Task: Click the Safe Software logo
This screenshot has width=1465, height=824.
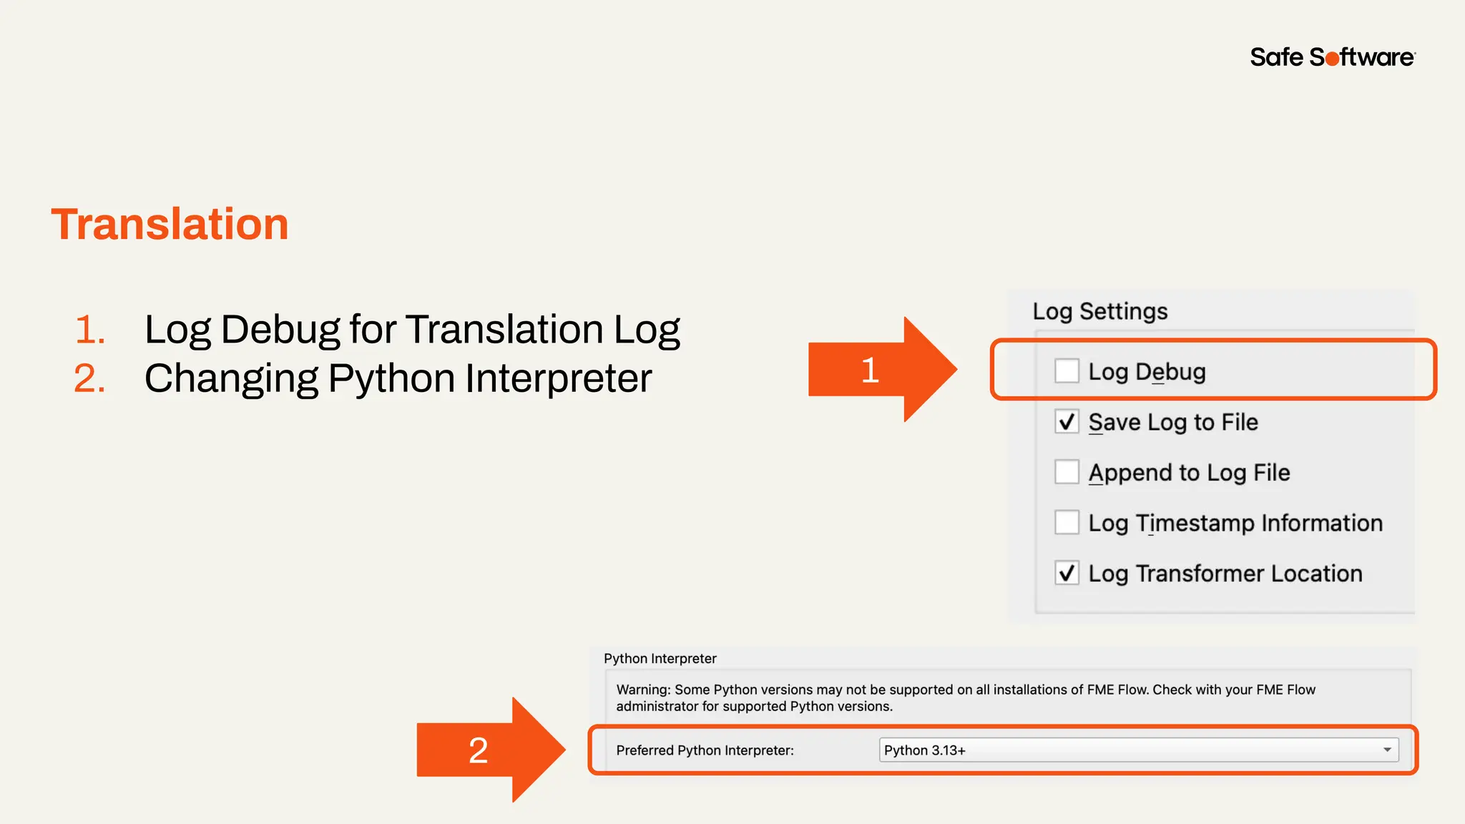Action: click(1332, 57)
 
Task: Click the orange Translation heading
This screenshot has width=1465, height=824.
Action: click(170, 224)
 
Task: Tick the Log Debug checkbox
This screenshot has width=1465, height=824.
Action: click(1067, 371)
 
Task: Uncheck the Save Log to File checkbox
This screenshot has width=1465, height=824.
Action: click(1067, 422)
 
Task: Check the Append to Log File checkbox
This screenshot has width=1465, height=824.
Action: click(1067, 472)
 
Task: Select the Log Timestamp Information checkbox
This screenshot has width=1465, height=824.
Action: click(1067, 523)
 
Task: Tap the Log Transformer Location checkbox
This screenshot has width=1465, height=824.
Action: click(1067, 573)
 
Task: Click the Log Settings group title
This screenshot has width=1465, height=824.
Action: click(1099, 311)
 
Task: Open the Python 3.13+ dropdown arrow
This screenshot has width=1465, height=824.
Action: click(1387, 750)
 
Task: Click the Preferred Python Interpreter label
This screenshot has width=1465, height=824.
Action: click(705, 750)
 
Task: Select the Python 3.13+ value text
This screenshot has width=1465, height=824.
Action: click(924, 750)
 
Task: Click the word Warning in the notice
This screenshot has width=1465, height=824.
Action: click(643, 690)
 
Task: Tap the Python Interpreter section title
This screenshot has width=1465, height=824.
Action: click(660, 658)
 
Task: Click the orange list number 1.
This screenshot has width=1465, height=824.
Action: click(89, 330)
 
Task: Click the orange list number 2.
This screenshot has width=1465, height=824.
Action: click(89, 378)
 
